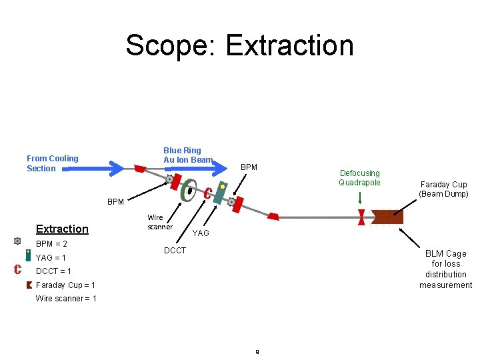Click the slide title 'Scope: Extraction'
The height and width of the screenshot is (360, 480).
(x=239, y=45)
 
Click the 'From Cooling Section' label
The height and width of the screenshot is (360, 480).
(x=52, y=163)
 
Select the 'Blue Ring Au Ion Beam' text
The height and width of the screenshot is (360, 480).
(x=187, y=155)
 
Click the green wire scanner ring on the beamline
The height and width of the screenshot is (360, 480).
(x=189, y=191)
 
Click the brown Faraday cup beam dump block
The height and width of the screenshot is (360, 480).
(x=387, y=217)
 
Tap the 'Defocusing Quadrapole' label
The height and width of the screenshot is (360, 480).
(x=359, y=178)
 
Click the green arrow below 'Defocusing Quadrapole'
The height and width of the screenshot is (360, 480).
(x=360, y=198)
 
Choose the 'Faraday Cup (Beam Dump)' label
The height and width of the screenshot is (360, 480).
(x=443, y=189)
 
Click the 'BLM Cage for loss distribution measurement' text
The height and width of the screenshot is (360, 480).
(x=445, y=269)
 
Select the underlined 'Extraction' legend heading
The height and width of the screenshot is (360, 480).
(x=62, y=229)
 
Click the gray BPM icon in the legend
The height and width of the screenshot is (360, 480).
(x=17, y=241)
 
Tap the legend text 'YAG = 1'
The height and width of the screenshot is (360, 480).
(x=51, y=257)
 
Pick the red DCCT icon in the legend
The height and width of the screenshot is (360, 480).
(x=19, y=269)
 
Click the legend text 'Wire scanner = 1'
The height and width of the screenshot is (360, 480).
(x=66, y=298)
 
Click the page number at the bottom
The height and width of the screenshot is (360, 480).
(x=257, y=351)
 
